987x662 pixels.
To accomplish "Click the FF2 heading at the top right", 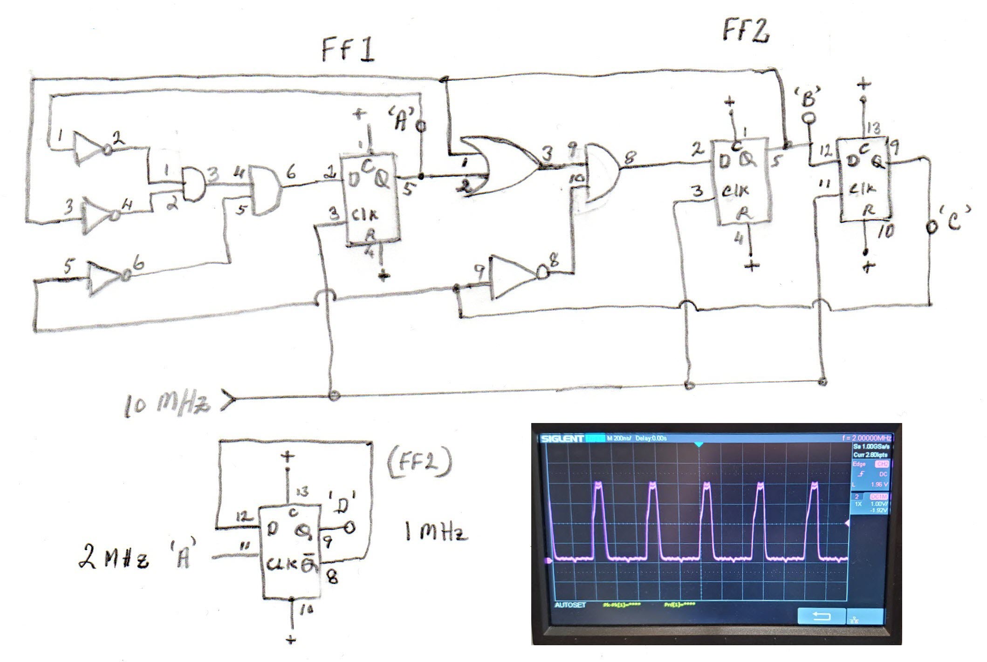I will pos(745,33).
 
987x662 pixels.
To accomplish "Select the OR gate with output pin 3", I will pos(499,165).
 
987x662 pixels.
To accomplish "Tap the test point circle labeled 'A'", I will pos(422,126).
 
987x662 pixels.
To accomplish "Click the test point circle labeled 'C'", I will pos(930,228).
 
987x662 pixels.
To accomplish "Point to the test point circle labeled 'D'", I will pos(350,528).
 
